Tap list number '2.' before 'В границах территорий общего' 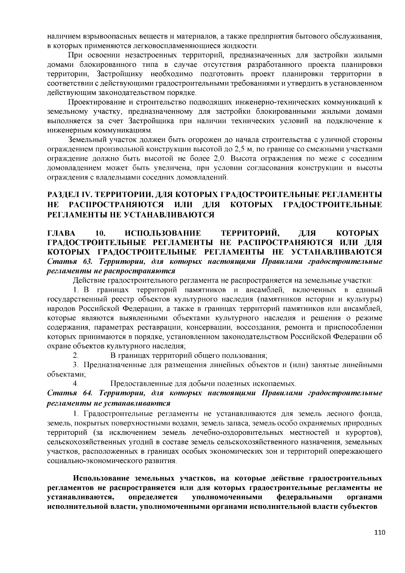click(76, 355)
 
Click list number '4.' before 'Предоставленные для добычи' click(76, 384)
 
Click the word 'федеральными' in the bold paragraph click(304, 497)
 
